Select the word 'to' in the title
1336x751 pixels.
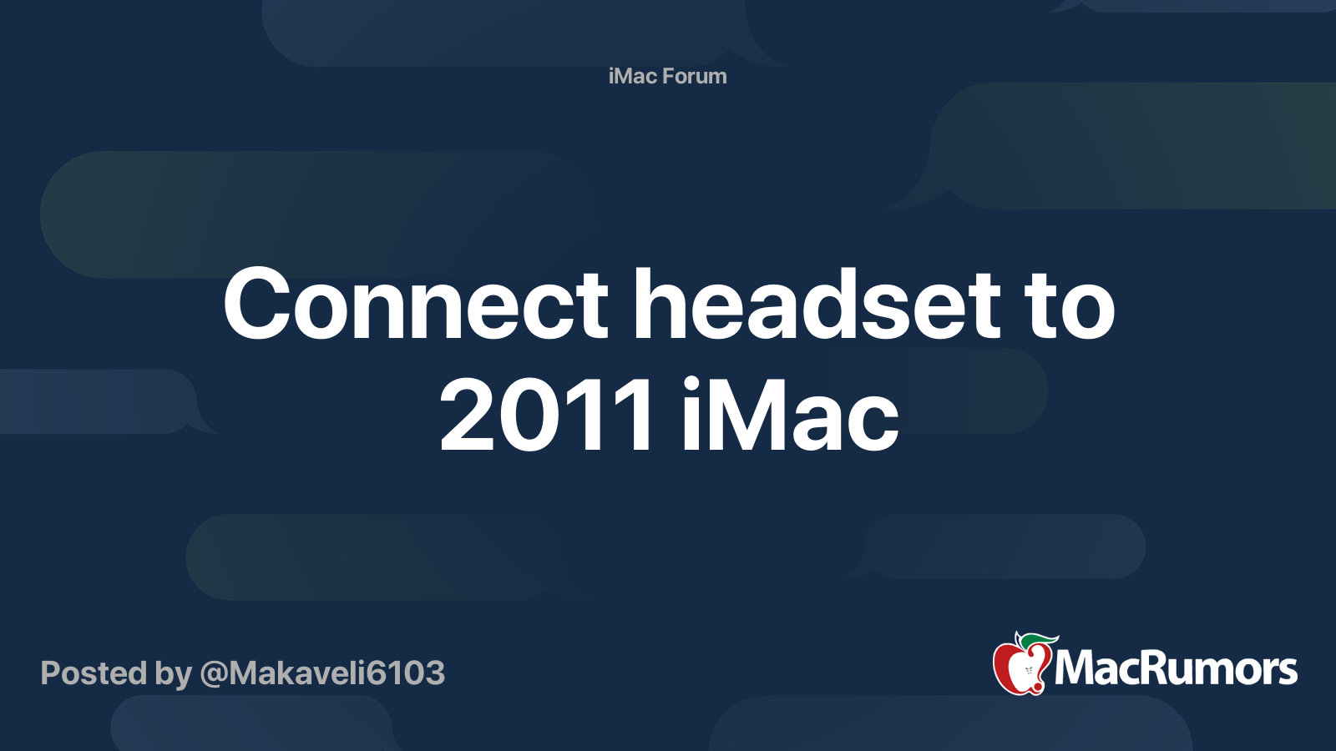[1068, 308]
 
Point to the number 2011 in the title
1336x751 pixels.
[546, 415]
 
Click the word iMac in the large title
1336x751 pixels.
[790, 414]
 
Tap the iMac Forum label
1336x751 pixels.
[667, 76]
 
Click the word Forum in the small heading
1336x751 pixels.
[694, 76]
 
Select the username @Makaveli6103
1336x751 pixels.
[322, 673]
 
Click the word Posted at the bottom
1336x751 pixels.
[94, 673]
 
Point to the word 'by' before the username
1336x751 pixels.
[174, 675]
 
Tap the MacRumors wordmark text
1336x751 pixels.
[1176, 668]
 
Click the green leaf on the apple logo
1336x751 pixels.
[1038, 641]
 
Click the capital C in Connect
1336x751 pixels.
[257, 304]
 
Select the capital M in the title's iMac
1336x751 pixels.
[746, 415]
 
